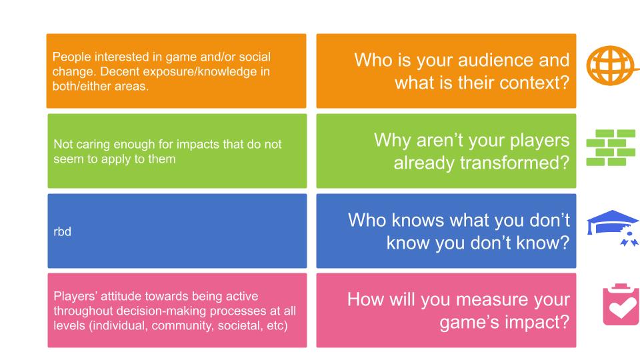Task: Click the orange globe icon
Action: click(x=611, y=66)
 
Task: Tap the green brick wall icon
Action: click(x=611, y=147)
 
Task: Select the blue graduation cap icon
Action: click(x=613, y=227)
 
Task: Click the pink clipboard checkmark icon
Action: click(x=621, y=305)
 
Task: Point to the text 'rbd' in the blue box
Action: click(x=63, y=232)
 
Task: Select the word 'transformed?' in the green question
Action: click(x=515, y=163)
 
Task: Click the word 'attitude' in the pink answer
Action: click(x=121, y=296)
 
